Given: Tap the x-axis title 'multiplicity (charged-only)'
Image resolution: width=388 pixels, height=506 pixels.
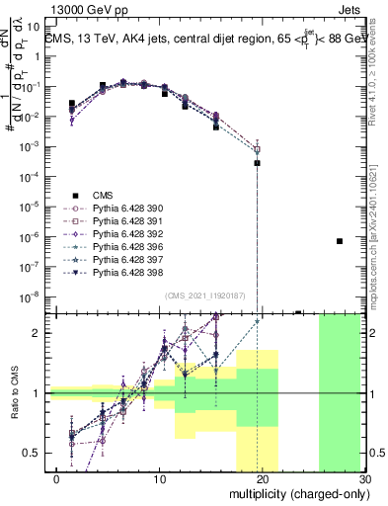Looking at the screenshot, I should click(x=298, y=493).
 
